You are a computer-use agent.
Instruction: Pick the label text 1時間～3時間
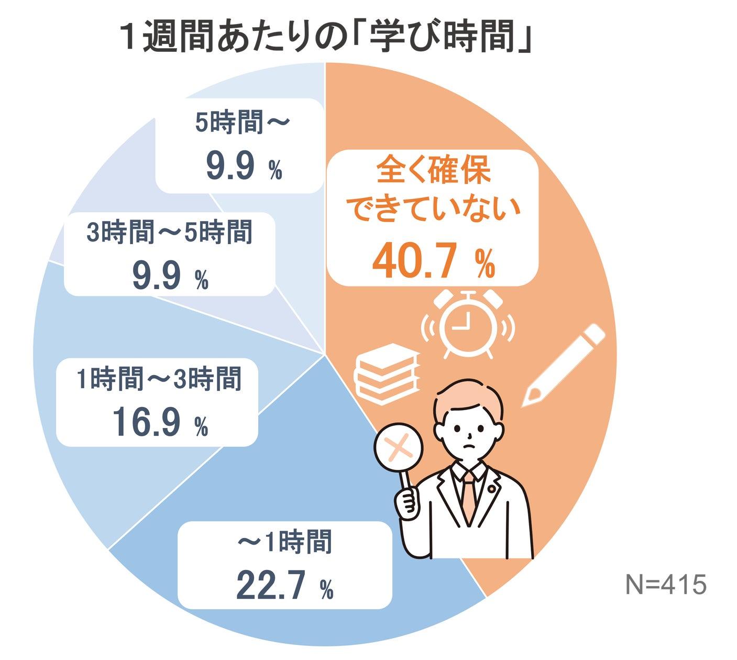coord(159,378)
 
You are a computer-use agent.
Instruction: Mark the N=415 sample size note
coord(666,584)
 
